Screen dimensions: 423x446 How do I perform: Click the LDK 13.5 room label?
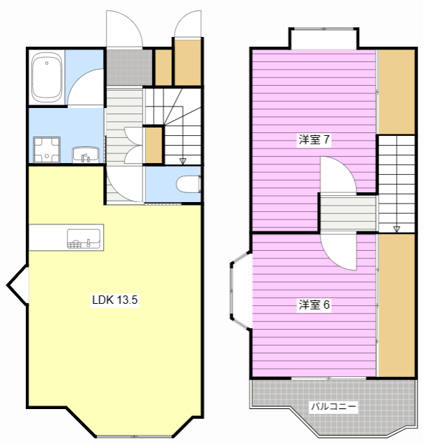[115, 300]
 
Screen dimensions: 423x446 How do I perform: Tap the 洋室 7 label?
[314, 139]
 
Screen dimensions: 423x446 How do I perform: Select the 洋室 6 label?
[314, 305]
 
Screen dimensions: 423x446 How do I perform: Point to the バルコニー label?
[333, 406]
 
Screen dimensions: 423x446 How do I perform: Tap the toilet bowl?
[188, 184]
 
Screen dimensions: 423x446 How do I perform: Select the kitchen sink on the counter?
[84, 238]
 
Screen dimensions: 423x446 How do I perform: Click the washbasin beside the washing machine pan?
[85, 155]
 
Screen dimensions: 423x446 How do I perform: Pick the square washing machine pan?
[47, 150]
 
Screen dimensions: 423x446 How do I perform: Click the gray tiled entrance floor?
[129, 68]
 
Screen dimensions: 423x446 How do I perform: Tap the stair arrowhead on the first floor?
[183, 161]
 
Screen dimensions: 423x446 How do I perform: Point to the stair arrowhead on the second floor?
[397, 229]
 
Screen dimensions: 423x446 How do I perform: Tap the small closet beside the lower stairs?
[153, 146]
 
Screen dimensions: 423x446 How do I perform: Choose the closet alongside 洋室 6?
[397, 305]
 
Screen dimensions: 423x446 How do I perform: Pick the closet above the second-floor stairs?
[397, 91]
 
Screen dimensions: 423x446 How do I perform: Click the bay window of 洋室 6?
[241, 291]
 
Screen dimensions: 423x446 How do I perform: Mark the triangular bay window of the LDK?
[17, 285]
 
